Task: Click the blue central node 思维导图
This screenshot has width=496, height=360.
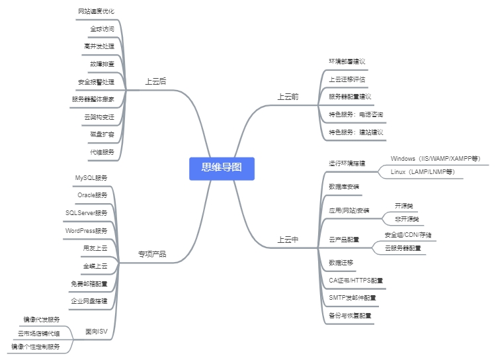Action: [222, 167]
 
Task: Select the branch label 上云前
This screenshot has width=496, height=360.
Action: [288, 97]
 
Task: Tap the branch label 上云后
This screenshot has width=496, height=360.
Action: [156, 81]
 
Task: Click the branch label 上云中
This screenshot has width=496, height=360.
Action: [288, 240]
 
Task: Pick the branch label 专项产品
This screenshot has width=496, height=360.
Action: [152, 254]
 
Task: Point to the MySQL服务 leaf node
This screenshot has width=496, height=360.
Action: [92, 178]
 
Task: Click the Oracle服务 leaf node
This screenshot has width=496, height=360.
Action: [92, 195]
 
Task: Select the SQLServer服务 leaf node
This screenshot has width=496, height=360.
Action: [87, 213]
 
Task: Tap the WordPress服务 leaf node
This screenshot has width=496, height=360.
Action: [87, 231]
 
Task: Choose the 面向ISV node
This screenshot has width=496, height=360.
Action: [97, 332]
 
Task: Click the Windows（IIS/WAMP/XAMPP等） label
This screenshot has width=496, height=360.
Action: [435, 159]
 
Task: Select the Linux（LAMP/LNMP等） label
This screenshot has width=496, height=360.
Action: [423, 172]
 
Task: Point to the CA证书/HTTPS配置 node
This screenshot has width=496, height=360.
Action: [356, 281]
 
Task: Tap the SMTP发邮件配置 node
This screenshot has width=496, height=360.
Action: [352, 298]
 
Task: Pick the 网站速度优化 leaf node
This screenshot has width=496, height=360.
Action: [97, 12]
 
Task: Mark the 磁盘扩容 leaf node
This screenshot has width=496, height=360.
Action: [102, 134]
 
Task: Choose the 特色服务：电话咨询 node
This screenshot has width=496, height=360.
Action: [356, 114]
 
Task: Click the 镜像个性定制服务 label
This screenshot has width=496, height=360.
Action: [36, 346]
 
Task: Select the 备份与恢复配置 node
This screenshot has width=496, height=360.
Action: [350, 316]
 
